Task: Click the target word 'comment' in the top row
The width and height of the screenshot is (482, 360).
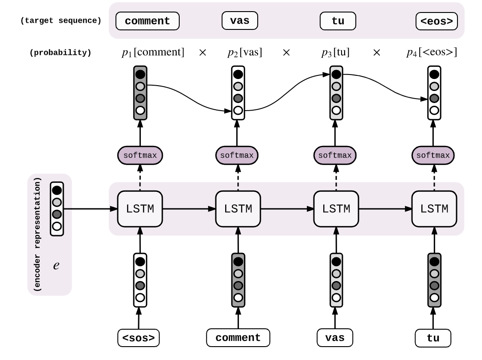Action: [147, 21]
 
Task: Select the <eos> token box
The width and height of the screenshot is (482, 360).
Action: [436, 21]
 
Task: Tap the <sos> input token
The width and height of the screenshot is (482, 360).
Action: [139, 338]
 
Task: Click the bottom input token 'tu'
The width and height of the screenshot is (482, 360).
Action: [433, 338]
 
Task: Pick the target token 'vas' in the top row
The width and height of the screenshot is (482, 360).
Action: [239, 21]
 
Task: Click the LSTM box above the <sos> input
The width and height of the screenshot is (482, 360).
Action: [140, 209]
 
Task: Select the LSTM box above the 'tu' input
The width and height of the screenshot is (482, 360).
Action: [434, 209]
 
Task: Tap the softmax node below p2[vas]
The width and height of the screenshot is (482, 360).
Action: [237, 155]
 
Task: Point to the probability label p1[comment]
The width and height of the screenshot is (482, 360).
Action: [152, 53]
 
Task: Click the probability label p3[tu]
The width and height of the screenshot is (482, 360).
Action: [335, 53]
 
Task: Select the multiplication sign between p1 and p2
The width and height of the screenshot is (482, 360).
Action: [202, 53]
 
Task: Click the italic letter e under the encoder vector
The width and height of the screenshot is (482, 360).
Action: [56, 266]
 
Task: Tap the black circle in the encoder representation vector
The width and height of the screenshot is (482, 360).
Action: [57, 190]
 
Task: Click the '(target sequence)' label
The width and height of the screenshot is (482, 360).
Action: [61, 21]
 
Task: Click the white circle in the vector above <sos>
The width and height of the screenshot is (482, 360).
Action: [140, 297]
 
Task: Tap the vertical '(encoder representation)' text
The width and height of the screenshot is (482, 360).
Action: [38, 235]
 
